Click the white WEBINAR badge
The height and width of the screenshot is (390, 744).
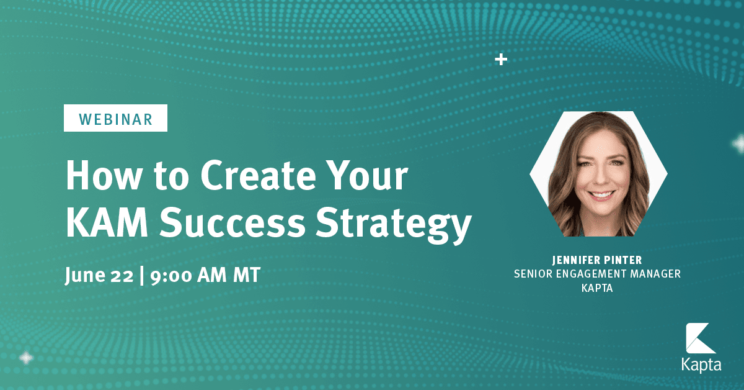click(x=115, y=119)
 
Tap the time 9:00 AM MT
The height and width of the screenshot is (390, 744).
click(x=205, y=275)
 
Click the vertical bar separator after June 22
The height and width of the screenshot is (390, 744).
click(x=143, y=275)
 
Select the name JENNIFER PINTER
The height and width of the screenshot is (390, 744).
click(x=598, y=260)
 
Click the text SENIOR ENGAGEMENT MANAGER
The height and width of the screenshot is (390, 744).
click(x=598, y=274)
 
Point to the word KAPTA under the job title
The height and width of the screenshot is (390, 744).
click(x=598, y=288)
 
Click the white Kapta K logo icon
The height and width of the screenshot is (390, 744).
click(x=701, y=340)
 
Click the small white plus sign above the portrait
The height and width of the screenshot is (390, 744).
click(x=501, y=60)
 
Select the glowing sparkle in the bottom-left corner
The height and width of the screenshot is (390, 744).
click(x=26, y=358)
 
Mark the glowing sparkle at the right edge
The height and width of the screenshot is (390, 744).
click(x=739, y=144)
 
